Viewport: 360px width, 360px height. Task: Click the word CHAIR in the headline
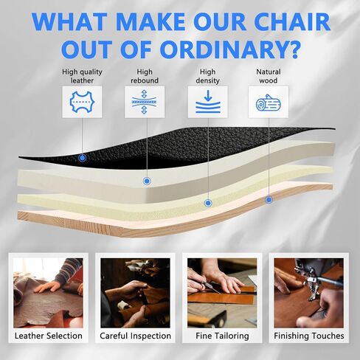[x=291, y=21]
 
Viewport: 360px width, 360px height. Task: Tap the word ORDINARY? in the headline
[x=230, y=49]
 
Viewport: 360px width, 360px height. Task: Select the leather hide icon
[x=82, y=102]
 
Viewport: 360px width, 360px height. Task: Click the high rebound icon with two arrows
[x=145, y=102]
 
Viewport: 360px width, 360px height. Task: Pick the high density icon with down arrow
[x=208, y=102]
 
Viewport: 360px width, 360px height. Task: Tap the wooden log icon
[x=269, y=103]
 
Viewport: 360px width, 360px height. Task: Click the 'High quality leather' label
[x=82, y=76]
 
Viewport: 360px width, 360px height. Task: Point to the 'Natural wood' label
[x=269, y=76]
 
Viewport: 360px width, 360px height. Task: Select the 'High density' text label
[x=208, y=76]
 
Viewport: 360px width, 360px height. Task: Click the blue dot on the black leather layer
[x=82, y=158]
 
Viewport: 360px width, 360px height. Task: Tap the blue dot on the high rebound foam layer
[x=147, y=181]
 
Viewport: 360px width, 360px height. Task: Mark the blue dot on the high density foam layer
[x=208, y=203]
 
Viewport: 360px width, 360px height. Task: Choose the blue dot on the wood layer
[x=269, y=200]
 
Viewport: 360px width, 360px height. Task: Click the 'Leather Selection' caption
[x=49, y=336]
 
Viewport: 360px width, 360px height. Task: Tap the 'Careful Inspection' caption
[x=135, y=336]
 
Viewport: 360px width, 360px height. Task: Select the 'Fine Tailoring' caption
[x=222, y=336]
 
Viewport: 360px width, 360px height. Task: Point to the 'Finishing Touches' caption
[x=309, y=336]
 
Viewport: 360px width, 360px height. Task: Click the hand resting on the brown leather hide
[x=47, y=287]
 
